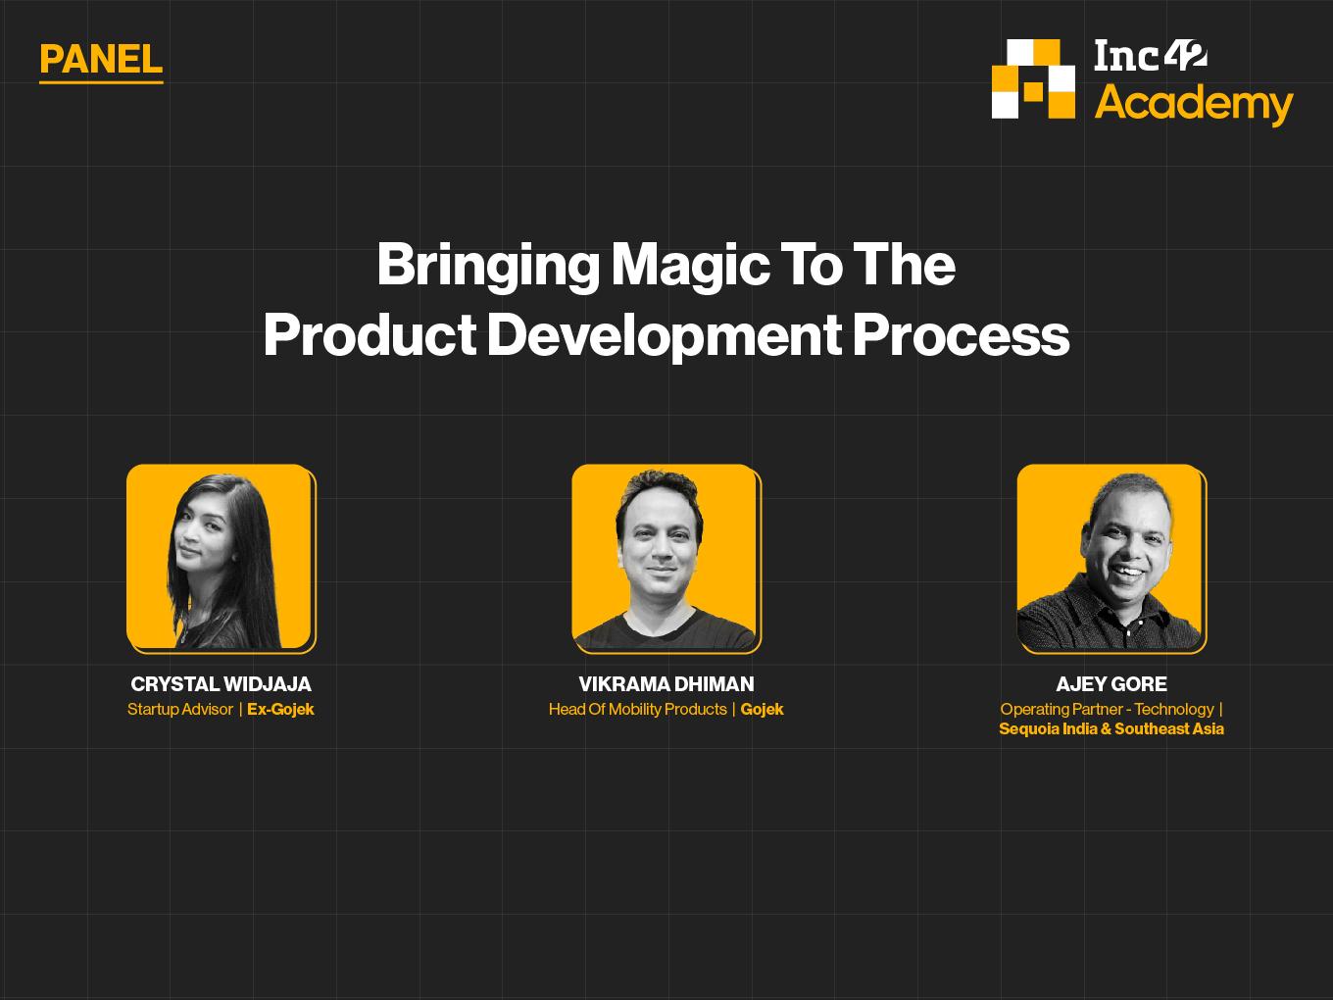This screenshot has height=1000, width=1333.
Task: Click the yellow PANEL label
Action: click(101, 60)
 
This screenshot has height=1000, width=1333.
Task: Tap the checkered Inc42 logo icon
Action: click(1033, 78)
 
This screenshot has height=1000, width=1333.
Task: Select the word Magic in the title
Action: click(689, 266)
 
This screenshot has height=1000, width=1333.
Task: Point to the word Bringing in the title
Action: click(488, 266)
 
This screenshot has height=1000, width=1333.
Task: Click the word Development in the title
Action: click(665, 335)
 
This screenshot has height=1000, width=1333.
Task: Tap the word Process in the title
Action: click(961, 335)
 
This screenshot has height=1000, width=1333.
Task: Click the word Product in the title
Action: click(370, 335)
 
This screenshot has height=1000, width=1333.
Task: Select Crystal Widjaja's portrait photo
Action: click(222, 558)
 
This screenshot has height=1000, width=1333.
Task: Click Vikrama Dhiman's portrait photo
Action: click(666, 558)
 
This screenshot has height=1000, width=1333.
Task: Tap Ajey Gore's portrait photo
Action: click(1111, 558)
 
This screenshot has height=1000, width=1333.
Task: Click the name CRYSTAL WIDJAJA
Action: click(222, 684)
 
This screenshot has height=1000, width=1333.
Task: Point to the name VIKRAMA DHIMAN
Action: click(666, 684)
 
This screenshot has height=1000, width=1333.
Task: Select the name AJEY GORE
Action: click(1111, 684)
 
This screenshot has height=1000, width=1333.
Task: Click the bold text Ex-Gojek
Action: click(280, 709)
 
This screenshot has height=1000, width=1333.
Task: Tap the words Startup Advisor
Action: click(180, 710)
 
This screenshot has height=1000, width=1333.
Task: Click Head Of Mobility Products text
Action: click(638, 710)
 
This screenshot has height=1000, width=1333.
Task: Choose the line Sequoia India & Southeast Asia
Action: click(1111, 728)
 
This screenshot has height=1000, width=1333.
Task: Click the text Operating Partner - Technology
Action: click(1108, 710)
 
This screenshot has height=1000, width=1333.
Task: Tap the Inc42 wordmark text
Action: click(1151, 55)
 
